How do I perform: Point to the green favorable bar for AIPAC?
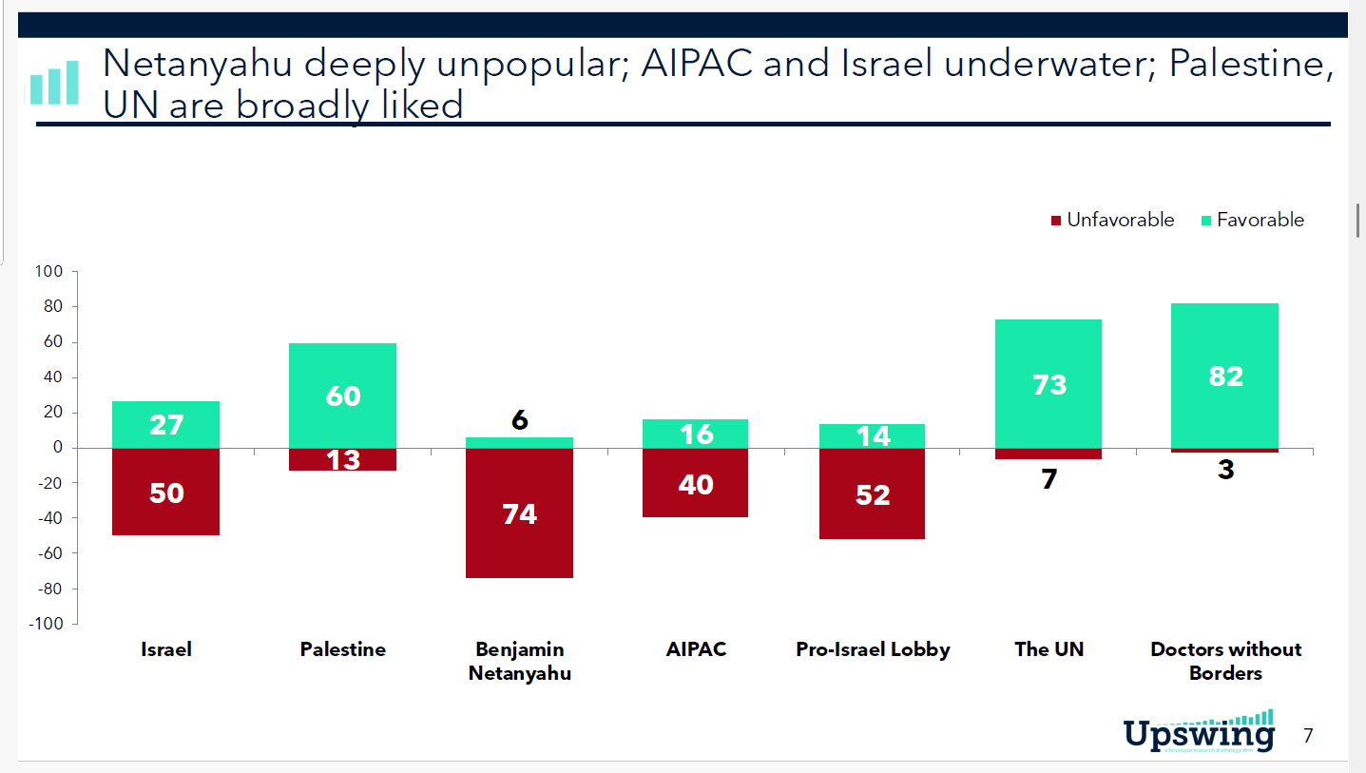[x=696, y=434]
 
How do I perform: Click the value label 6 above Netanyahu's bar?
[x=519, y=419]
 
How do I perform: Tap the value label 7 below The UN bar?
[x=1049, y=479]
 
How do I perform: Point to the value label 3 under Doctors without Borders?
[x=1225, y=470]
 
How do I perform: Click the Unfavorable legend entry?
[x=1111, y=220]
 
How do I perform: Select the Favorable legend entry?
[x=1252, y=220]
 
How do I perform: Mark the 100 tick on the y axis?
[x=48, y=272]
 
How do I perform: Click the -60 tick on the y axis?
[x=48, y=553]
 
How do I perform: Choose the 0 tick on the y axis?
[x=57, y=448]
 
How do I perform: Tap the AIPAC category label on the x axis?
[x=696, y=649]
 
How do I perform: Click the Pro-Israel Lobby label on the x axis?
[x=873, y=649]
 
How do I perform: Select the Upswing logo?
[x=1199, y=731]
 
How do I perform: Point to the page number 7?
[x=1308, y=735]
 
